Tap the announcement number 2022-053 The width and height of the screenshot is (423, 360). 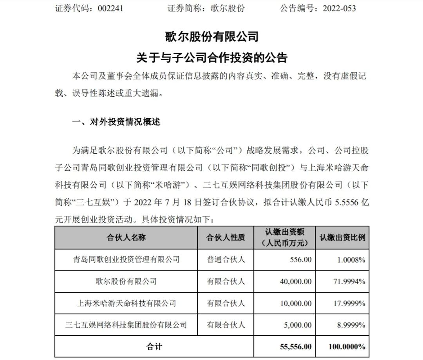point(339,8)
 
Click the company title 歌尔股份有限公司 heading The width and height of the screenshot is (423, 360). point(211,37)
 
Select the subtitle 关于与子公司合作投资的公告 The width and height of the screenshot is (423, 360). point(211,58)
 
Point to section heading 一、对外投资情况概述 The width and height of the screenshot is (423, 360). point(116,122)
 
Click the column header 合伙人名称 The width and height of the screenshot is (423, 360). point(126,238)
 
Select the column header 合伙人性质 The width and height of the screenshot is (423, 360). point(225,238)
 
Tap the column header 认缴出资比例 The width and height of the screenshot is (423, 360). point(342,238)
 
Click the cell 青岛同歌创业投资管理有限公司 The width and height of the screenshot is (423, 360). point(126,259)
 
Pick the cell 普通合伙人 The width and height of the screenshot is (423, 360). point(225,259)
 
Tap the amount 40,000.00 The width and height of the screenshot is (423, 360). point(293,281)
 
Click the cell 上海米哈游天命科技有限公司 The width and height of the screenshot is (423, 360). point(126,303)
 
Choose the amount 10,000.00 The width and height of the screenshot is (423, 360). point(293,303)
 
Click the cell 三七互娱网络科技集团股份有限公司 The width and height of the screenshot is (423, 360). point(126,325)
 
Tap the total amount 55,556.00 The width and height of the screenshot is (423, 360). point(292,346)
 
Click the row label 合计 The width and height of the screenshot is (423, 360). point(154,346)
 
